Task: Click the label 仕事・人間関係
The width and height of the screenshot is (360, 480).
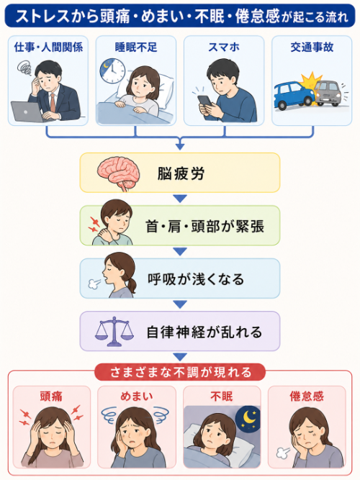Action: (x=48, y=47)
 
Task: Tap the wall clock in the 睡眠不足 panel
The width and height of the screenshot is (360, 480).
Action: (x=112, y=71)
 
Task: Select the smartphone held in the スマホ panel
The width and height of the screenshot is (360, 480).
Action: (x=204, y=101)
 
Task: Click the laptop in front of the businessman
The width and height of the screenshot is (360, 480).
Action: (x=27, y=112)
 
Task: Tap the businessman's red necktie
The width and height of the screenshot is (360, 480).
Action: (x=53, y=103)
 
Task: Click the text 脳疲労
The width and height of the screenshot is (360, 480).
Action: (x=181, y=173)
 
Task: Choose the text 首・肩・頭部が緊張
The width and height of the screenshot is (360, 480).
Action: (x=204, y=227)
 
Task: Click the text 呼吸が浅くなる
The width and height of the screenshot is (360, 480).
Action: (x=196, y=279)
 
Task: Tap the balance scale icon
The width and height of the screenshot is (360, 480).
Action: (x=114, y=332)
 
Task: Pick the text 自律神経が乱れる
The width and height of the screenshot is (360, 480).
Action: (x=204, y=332)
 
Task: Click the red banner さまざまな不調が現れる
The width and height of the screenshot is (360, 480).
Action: (x=180, y=372)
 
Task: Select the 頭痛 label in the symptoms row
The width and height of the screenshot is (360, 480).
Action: (x=51, y=397)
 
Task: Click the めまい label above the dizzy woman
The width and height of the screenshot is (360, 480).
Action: (x=137, y=396)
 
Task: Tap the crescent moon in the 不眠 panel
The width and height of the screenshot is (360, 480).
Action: (x=249, y=417)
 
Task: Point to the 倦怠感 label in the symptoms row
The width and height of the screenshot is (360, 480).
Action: (x=307, y=397)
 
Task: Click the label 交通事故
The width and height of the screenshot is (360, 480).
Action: (x=312, y=47)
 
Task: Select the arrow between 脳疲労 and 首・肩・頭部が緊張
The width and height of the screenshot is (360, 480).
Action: (x=180, y=199)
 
